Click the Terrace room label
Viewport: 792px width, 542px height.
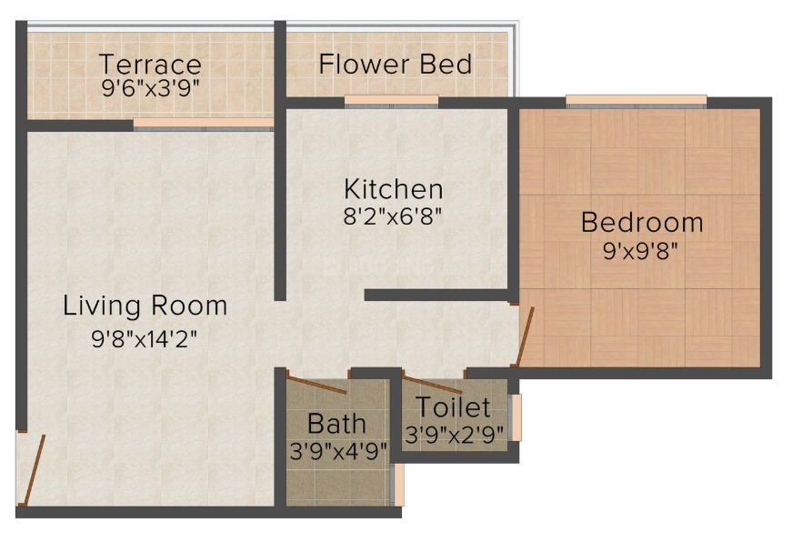click(150, 65)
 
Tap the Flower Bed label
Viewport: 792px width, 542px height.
click(396, 65)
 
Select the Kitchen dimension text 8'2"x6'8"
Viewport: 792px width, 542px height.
click(393, 217)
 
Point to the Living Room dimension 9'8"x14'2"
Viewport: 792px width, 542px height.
click(144, 338)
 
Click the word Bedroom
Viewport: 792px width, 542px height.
click(642, 222)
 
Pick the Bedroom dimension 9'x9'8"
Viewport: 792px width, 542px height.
click(640, 251)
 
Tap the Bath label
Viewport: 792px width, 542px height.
click(336, 423)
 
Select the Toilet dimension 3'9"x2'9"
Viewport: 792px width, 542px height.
click(455, 434)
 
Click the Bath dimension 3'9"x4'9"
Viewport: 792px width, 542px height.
click(338, 450)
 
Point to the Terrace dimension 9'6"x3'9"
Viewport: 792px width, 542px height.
click(148, 89)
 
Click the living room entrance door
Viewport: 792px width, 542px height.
click(32, 470)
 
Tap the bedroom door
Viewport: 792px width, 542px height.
click(523, 336)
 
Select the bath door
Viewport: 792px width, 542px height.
click(316, 382)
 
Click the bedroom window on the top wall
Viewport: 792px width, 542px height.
click(636, 102)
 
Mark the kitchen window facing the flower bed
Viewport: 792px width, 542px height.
click(392, 102)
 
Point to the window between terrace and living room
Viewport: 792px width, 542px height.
click(204, 125)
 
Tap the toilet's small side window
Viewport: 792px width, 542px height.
click(516, 417)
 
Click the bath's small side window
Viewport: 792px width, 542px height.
click(398, 485)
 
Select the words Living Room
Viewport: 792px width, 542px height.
click(145, 306)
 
